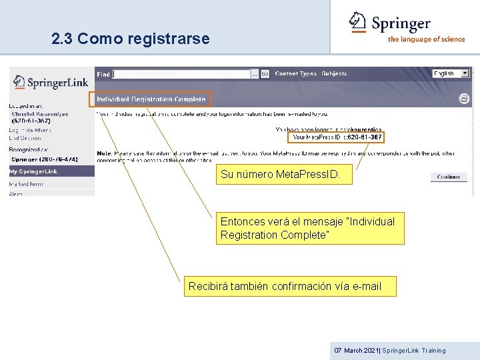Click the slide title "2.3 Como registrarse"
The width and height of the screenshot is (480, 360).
[131, 39]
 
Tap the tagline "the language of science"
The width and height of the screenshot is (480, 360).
[426, 39]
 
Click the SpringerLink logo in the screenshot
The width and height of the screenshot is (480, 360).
[51, 83]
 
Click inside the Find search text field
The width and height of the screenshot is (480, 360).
[181, 74]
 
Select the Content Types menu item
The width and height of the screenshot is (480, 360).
[295, 74]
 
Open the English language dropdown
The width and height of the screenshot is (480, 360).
[451, 73]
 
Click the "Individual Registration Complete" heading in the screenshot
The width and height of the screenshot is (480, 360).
[151, 100]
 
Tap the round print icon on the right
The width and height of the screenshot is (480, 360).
[464, 99]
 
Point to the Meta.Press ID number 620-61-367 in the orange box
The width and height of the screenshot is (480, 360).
[365, 137]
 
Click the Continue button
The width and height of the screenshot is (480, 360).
[449, 177]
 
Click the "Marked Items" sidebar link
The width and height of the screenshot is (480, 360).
[26, 183]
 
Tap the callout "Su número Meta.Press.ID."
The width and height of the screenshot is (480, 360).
[280, 175]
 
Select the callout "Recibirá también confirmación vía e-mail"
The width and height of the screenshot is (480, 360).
[285, 287]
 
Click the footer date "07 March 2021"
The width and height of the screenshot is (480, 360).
[357, 351]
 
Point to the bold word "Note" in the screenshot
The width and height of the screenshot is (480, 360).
[104, 153]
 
